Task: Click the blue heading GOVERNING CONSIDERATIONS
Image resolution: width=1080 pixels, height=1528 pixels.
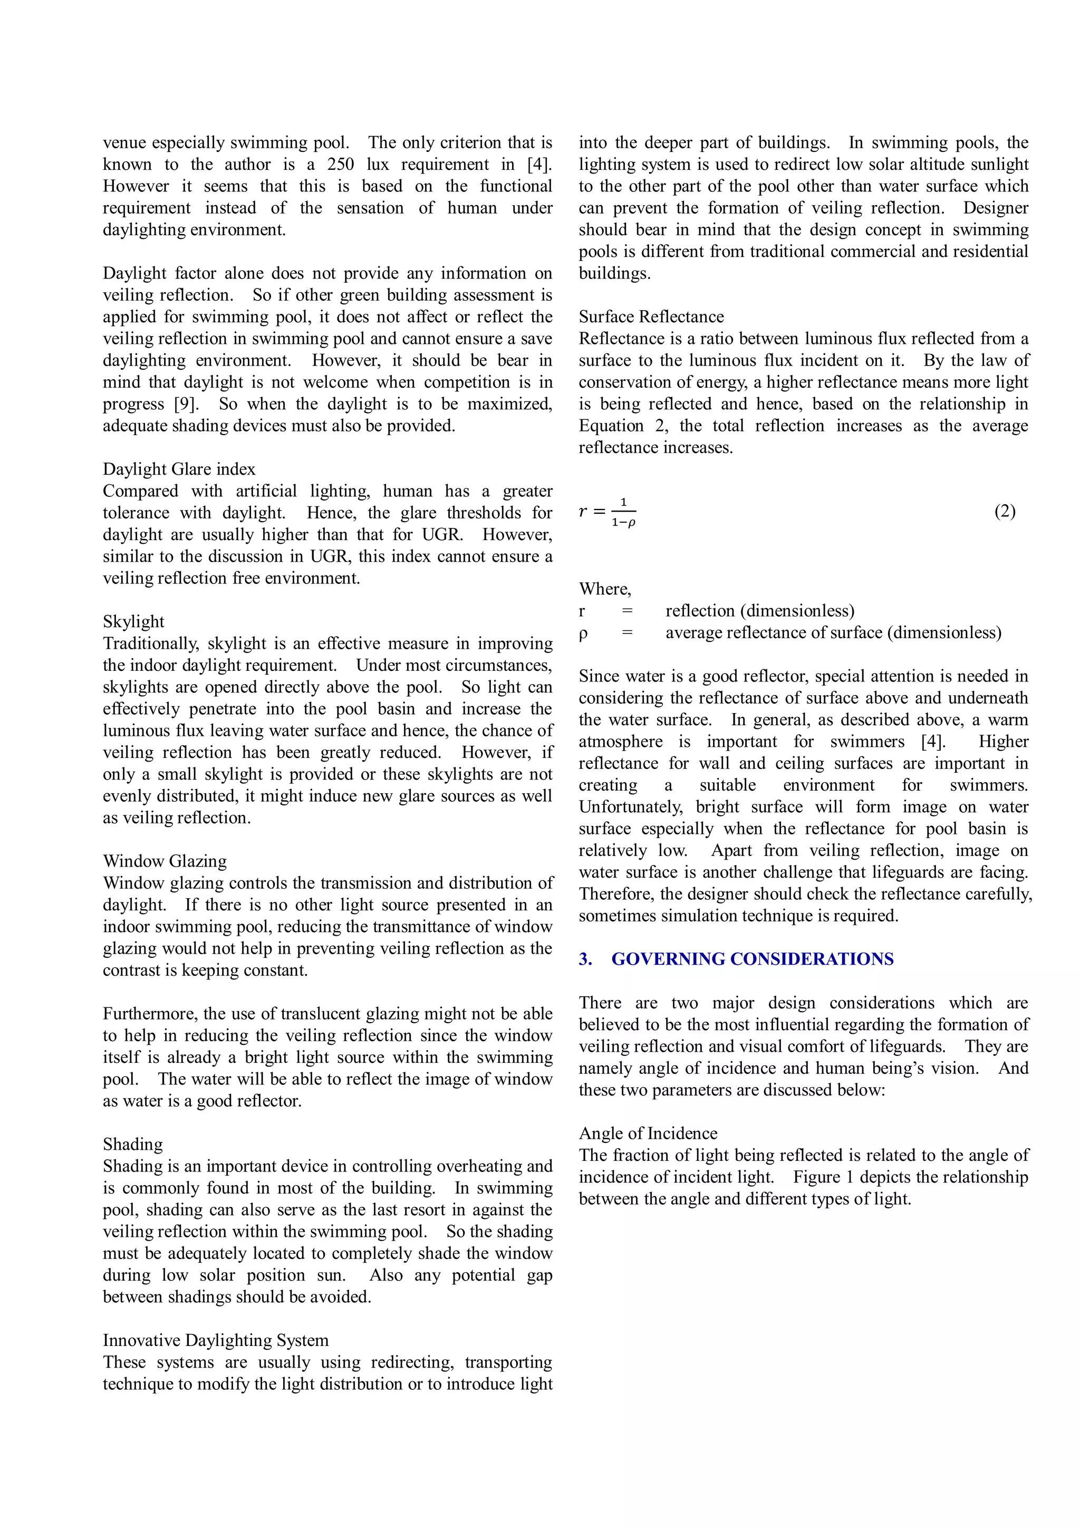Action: tap(752, 959)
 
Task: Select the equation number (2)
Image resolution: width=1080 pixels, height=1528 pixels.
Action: tap(1005, 511)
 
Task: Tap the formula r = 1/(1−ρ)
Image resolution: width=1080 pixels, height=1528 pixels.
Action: tap(607, 512)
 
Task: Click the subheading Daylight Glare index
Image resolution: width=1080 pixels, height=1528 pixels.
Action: tap(179, 469)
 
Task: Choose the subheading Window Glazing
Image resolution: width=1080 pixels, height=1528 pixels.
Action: tap(165, 861)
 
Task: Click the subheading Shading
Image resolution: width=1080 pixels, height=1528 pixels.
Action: tap(132, 1144)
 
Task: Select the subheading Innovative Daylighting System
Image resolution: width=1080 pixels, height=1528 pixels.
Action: tap(216, 1340)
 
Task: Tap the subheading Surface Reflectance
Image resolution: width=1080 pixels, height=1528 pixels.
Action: tap(651, 317)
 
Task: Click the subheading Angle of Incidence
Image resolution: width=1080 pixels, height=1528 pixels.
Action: tap(648, 1133)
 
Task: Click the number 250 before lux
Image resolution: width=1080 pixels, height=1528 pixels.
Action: tap(340, 165)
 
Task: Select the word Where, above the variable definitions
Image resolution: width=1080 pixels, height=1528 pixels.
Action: tap(605, 589)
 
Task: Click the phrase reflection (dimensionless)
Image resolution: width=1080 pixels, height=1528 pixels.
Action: tap(759, 611)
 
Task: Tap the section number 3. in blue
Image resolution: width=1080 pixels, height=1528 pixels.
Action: tap(585, 959)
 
